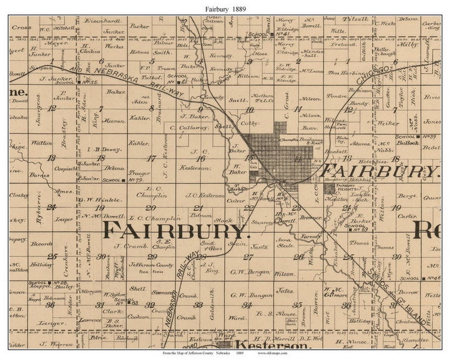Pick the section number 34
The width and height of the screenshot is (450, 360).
coord(247,305)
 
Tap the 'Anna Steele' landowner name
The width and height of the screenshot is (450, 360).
coord(285,242)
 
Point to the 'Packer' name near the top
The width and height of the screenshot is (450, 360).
coord(139,26)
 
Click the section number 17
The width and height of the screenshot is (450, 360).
coord(151,158)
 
